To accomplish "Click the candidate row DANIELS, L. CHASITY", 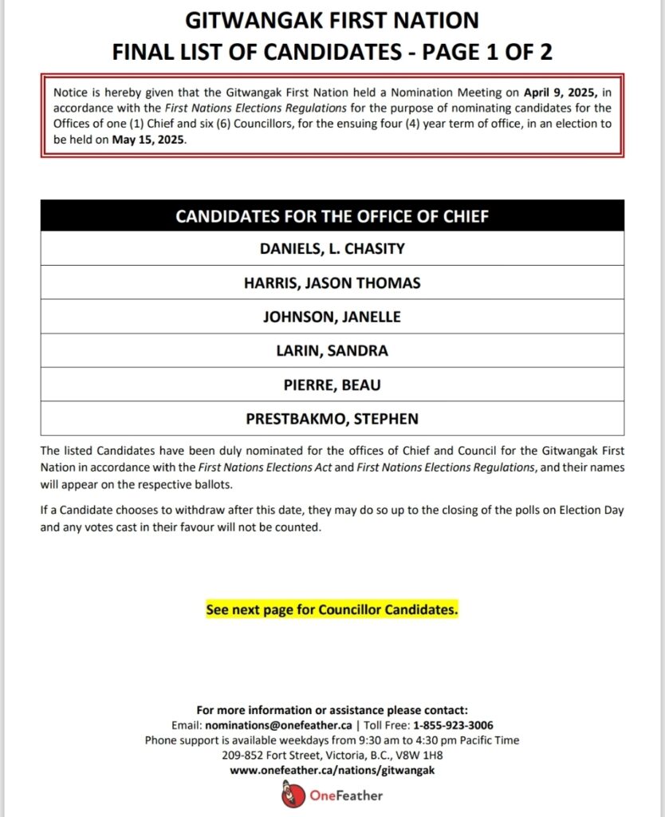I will (x=332, y=248).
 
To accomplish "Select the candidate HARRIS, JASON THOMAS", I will (x=332, y=282).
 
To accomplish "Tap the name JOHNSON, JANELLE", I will (x=332, y=317).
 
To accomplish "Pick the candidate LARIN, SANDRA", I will (x=332, y=351).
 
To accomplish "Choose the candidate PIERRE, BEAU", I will (x=332, y=385).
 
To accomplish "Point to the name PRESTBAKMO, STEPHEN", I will (x=332, y=419).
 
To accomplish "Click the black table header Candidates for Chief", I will (x=332, y=216).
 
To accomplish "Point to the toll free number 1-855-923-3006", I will (x=453, y=725).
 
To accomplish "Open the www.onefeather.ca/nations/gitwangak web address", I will (x=332, y=770).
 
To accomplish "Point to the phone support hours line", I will (x=332, y=740).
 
